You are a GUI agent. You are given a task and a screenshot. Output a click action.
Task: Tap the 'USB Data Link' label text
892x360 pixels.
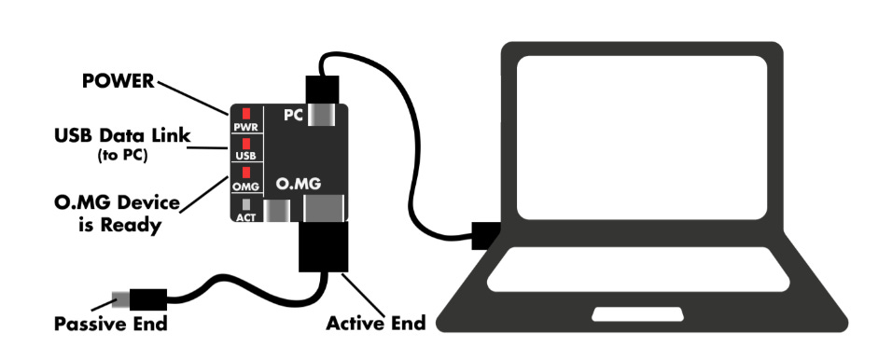121,137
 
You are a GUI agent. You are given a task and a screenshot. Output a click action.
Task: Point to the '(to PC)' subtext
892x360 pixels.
122,156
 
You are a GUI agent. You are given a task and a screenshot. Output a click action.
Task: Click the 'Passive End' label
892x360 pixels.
111,325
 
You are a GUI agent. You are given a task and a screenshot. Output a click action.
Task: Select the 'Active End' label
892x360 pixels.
375,325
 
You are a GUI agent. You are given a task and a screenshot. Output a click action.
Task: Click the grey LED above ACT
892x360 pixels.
246,202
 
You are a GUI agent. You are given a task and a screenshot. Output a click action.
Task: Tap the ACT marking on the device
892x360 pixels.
246,216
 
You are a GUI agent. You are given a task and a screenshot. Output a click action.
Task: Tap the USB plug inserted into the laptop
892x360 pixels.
487,236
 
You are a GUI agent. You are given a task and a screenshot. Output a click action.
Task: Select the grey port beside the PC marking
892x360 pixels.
323,117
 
